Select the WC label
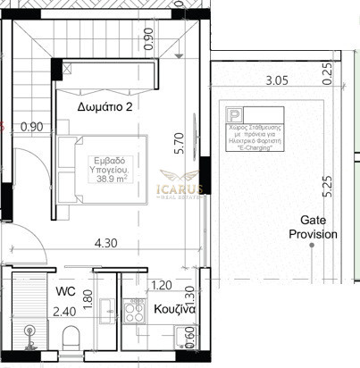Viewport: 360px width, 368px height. coord(64,292)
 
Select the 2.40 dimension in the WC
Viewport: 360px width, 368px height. coord(65,313)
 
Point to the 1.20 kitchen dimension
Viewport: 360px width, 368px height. coord(161,286)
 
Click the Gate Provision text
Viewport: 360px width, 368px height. coord(313,227)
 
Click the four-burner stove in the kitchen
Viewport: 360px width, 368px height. coord(137,312)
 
